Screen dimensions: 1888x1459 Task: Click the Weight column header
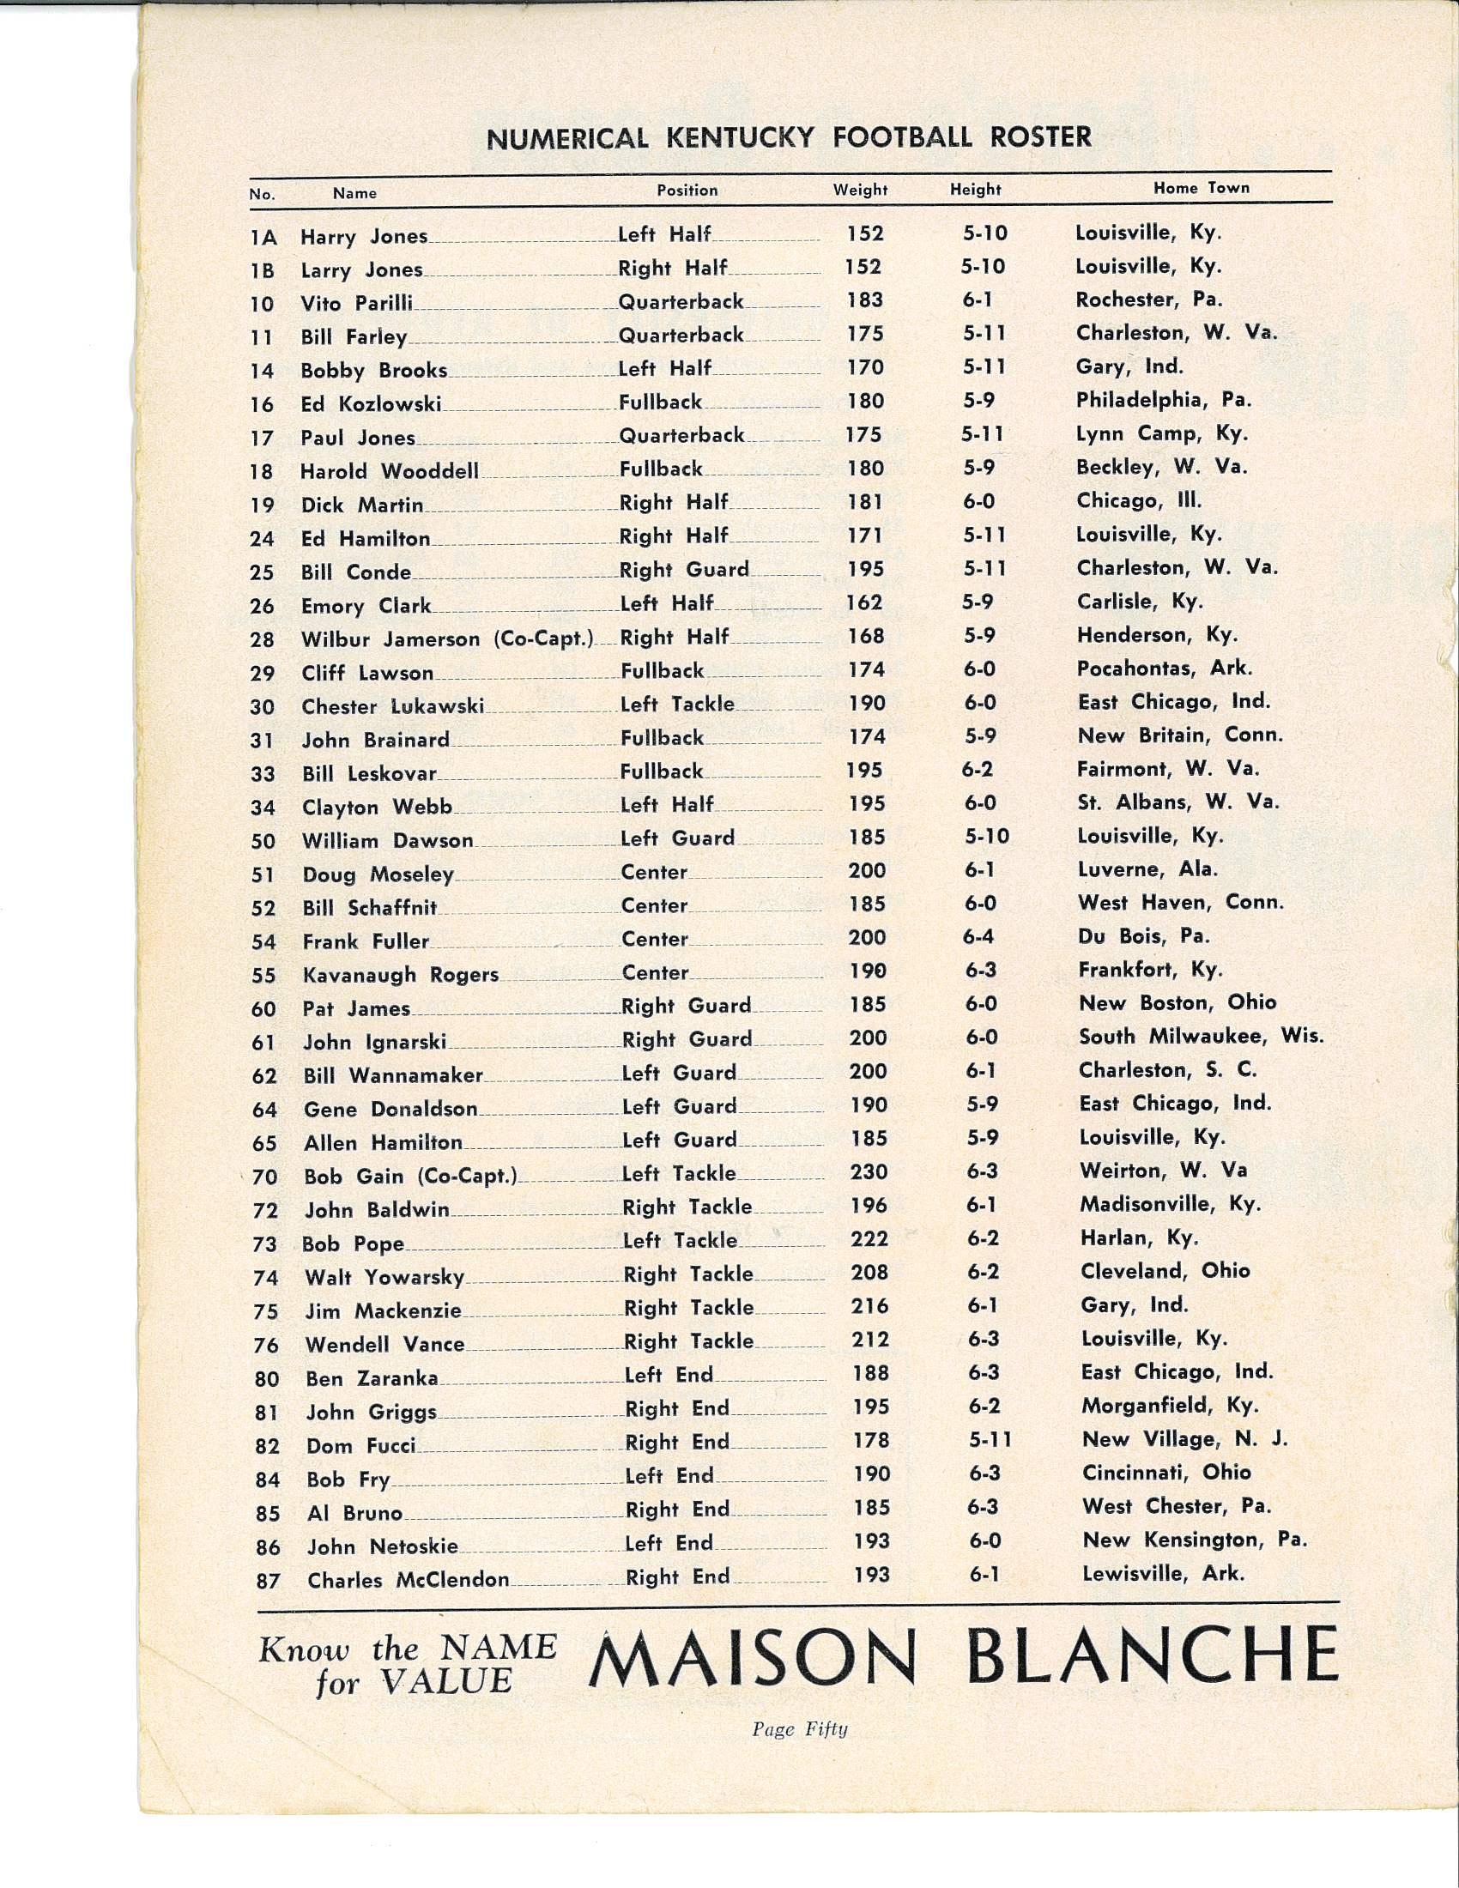860,191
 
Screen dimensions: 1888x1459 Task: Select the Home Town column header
1201,188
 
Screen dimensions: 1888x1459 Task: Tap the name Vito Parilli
356,304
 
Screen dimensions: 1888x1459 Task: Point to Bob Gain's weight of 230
869,1172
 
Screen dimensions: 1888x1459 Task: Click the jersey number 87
268,1581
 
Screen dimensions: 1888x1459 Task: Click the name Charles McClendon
408,1580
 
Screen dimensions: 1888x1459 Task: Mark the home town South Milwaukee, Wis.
1201,1036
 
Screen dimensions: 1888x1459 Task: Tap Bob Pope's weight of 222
869,1238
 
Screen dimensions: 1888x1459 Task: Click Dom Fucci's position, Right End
677,1442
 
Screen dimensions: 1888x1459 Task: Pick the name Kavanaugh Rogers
400,975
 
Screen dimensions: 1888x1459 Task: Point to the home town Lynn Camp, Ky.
1162,433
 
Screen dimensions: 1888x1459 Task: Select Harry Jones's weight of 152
865,233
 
